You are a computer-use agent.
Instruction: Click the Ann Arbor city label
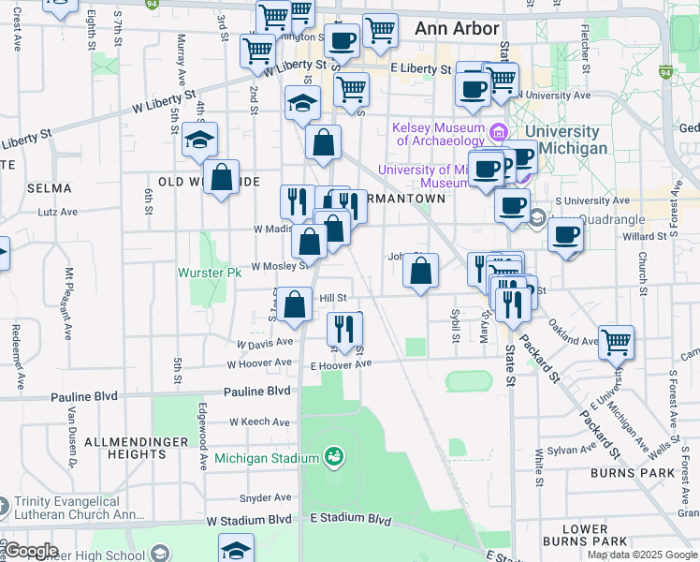click(457, 29)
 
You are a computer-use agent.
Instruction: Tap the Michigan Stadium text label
click(267, 458)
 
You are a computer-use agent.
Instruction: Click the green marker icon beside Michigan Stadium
click(333, 457)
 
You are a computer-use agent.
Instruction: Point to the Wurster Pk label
click(210, 273)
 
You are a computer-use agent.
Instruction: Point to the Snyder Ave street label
click(266, 497)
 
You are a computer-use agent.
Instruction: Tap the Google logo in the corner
click(30, 550)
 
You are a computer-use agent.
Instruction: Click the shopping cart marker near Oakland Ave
click(616, 343)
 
